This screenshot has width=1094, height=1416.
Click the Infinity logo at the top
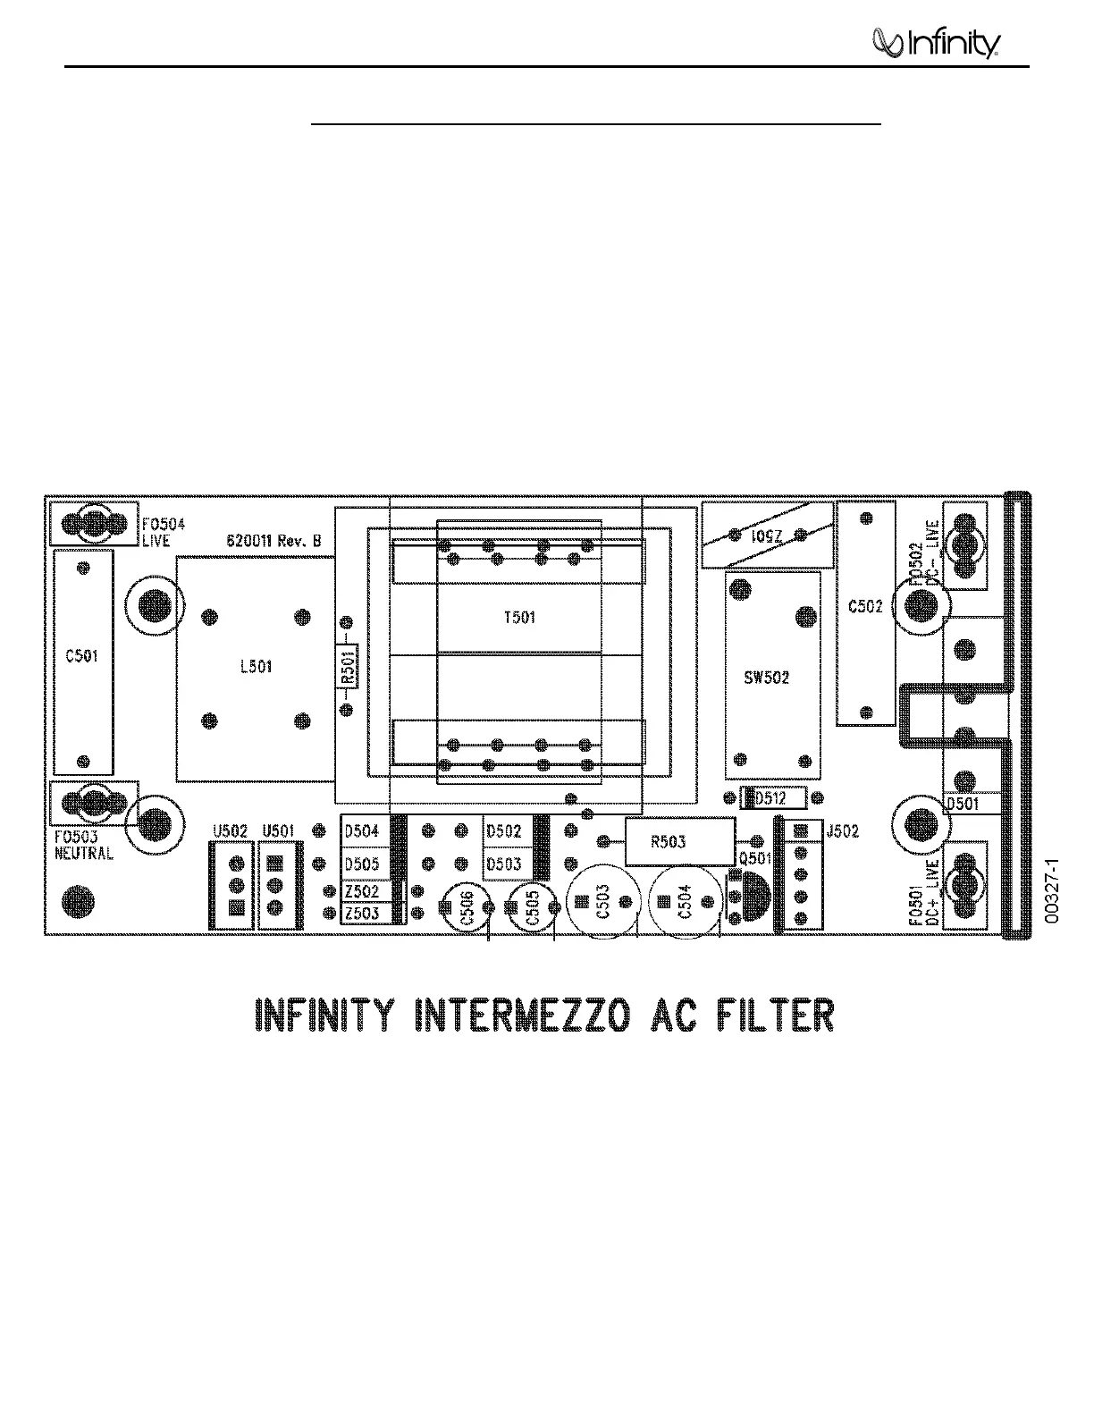click(936, 43)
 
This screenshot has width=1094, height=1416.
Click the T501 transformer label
click(519, 618)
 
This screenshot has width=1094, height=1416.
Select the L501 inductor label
click(257, 667)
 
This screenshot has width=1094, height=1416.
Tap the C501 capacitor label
click(82, 655)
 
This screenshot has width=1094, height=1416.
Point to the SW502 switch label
click(767, 678)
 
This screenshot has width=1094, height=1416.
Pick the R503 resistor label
click(669, 841)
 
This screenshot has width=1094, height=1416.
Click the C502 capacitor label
click(865, 606)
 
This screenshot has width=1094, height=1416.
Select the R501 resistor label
click(349, 667)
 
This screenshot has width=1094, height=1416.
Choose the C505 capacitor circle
click(531, 909)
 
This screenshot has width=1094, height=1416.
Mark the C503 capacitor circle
click(602, 906)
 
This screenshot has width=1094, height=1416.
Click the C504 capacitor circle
click(686, 906)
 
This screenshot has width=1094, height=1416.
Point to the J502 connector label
click(841, 831)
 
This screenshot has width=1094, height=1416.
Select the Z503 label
click(362, 913)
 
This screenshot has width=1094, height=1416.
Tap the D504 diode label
click(362, 831)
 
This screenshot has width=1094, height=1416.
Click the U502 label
click(230, 831)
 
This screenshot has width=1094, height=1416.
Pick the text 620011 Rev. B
click(273, 542)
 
